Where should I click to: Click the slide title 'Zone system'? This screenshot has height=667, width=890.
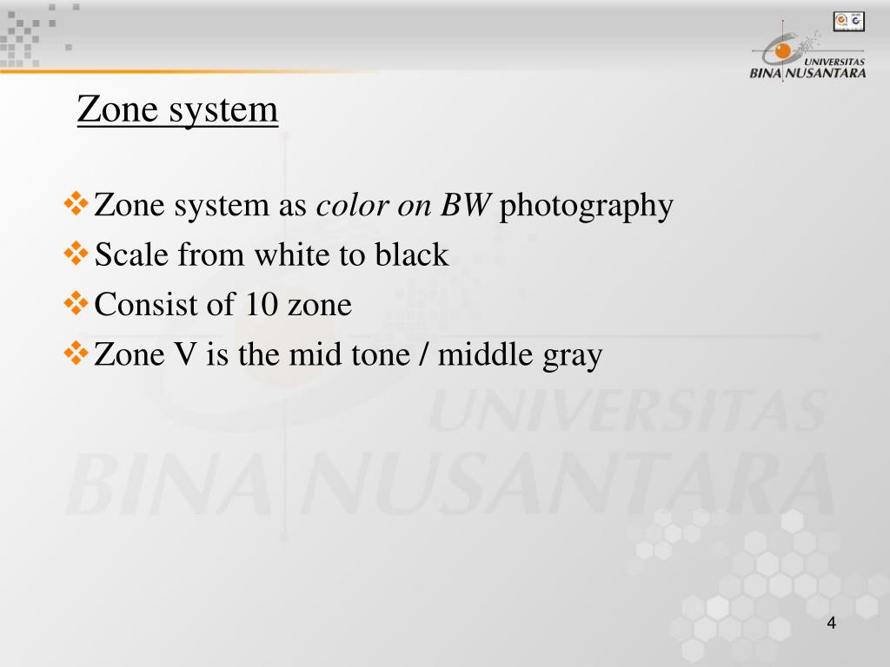point(177,110)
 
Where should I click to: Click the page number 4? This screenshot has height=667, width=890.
point(832,624)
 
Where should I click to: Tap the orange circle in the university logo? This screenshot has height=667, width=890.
point(783,51)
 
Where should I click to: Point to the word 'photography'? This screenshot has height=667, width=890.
point(587,208)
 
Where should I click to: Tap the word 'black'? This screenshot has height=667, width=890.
point(412,255)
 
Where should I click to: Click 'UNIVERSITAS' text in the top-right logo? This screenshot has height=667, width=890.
point(834,63)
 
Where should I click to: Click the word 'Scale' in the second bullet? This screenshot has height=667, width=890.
point(132,255)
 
